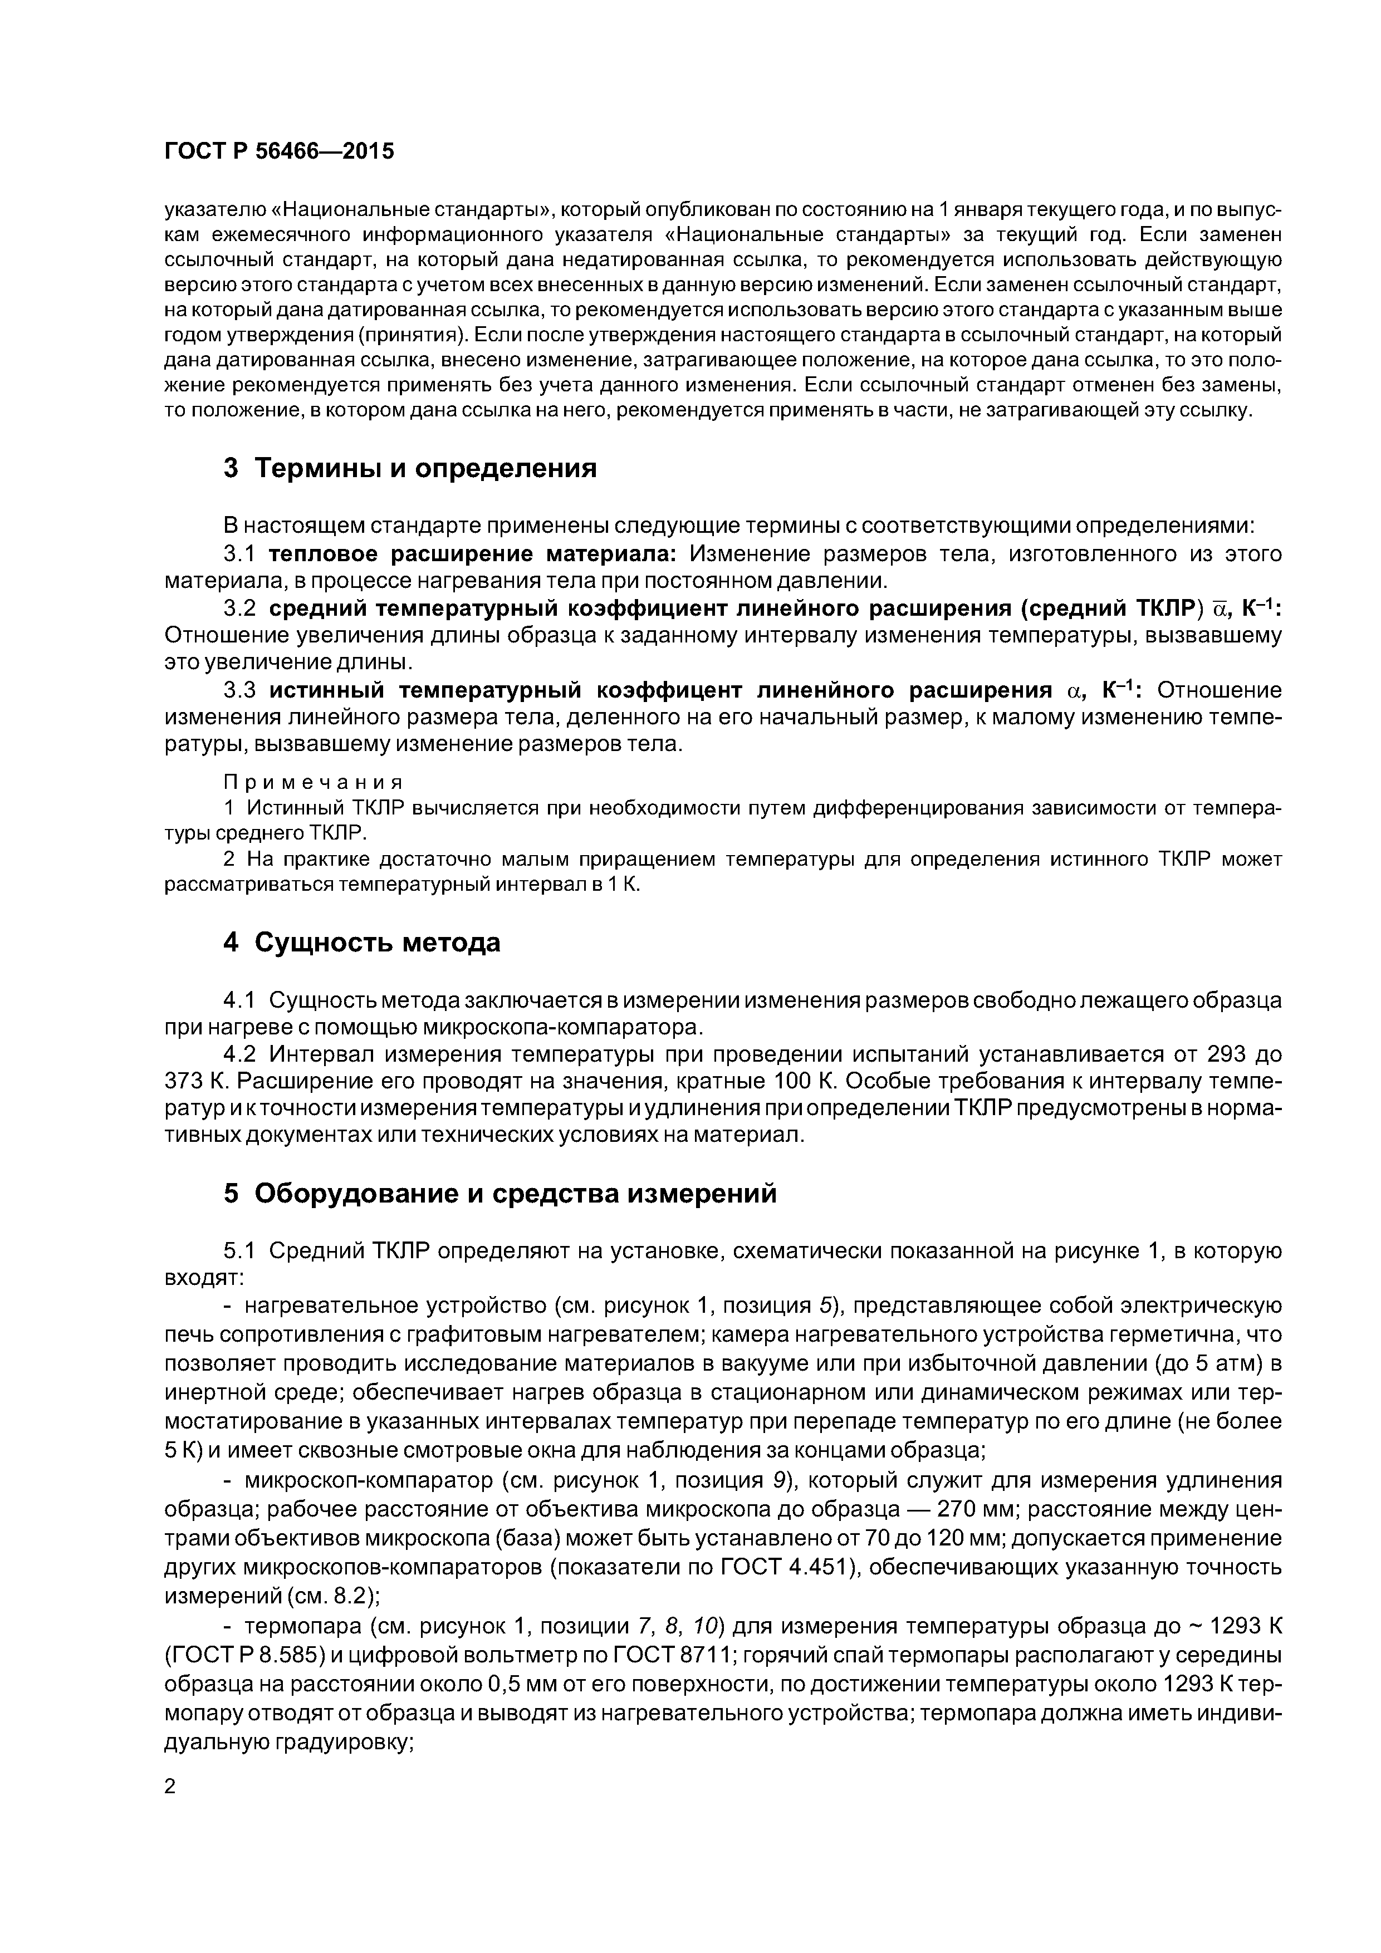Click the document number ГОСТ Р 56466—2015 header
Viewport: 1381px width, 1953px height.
[279, 151]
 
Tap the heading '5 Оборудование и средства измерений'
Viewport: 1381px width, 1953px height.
[499, 1194]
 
